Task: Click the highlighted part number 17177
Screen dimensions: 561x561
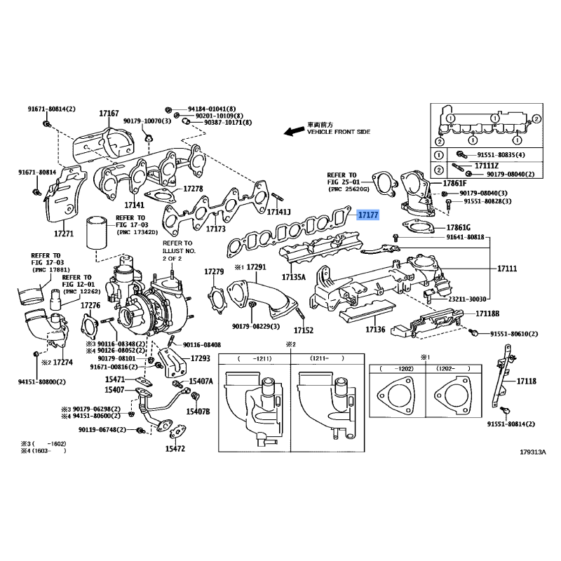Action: (x=367, y=216)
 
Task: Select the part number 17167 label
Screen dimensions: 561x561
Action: (x=109, y=113)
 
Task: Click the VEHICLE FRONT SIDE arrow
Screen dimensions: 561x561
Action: (x=291, y=131)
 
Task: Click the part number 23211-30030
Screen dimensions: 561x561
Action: (x=464, y=299)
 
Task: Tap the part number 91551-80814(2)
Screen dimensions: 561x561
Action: (x=511, y=424)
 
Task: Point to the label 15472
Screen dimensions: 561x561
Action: (x=175, y=449)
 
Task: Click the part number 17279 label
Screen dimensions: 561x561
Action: (x=214, y=271)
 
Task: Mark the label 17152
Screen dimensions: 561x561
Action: (x=304, y=330)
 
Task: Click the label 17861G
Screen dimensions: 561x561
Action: (x=457, y=227)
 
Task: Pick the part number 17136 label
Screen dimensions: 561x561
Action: (x=375, y=329)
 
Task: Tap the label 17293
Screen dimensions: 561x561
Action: (x=201, y=358)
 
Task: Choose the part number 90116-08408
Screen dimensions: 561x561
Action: (x=202, y=345)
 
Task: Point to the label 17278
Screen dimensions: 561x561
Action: (x=193, y=189)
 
